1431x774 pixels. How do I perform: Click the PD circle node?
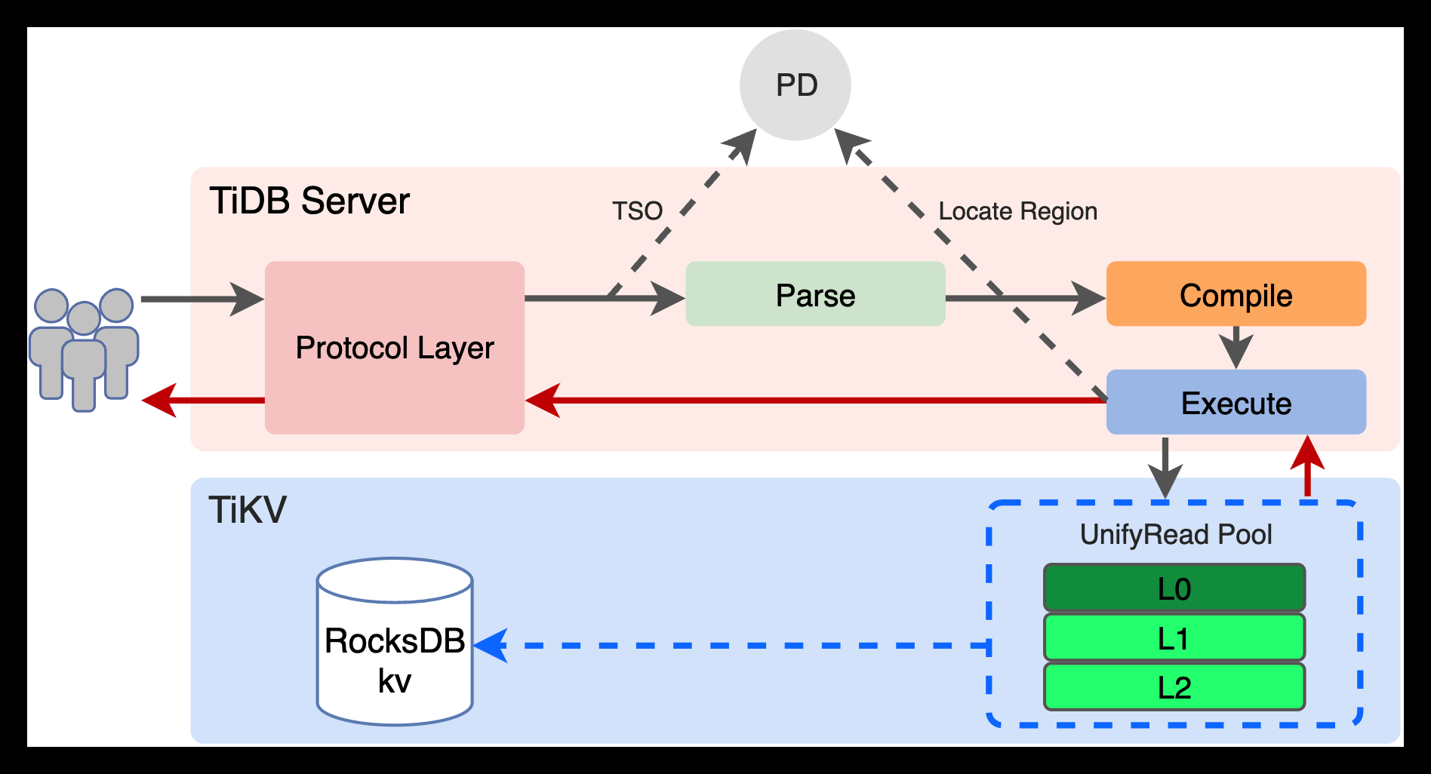click(x=795, y=85)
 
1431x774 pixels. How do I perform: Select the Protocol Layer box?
click(x=395, y=348)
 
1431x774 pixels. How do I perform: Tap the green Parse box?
click(x=815, y=294)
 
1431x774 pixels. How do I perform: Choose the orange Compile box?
click(x=1236, y=294)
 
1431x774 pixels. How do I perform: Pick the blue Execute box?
click(x=1236, y=403)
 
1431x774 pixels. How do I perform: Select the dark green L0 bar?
click(x=1174, y=588)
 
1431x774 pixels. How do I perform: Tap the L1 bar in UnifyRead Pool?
click(x=1174, y=638)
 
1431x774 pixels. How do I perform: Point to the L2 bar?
click(x=1174, y=687)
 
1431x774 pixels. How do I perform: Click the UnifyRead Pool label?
click(x=1175, y=534)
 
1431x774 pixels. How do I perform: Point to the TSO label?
click(x=637, y=210)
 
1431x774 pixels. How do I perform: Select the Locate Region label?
click(x=1017, y=211)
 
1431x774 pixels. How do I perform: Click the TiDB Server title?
click(x=309, y=201)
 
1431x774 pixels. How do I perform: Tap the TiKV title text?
click(x=248, y=510)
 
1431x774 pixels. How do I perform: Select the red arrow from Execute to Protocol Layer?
click(x=815, y=400)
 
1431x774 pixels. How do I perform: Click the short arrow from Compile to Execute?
click(x=1236, y=347)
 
